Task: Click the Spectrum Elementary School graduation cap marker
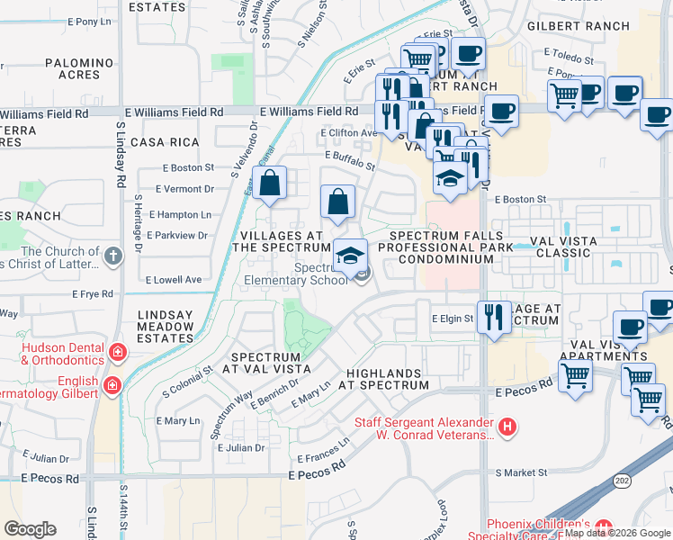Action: click(x=351, y=256)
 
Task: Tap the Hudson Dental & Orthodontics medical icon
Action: click(x=117, y=351)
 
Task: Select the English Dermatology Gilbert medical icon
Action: click(x=112, y=386)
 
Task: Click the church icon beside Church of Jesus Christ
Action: click(x=112, y=256)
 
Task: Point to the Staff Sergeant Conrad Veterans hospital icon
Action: click(x=508, y=427)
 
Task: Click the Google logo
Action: click(x=29, y=529)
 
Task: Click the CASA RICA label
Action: click(x=163, y=142)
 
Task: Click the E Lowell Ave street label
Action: click(x=175, y=280)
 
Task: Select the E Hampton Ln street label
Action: click(x=180, y=214)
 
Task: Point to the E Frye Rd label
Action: click(x=94, y=293)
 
